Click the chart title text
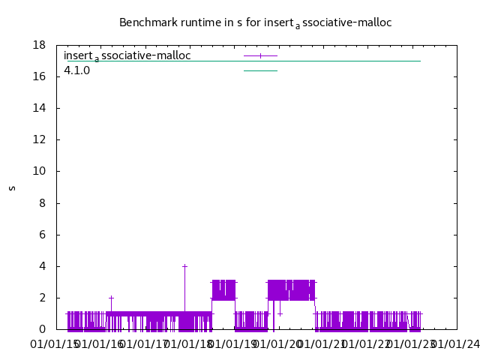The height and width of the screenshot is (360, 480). coord(255,22)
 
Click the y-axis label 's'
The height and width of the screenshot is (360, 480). coord(12,187)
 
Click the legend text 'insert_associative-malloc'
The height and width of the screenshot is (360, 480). coord(127,55)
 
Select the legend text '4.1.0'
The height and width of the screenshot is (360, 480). coord(76,70)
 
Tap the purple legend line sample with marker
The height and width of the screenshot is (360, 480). coord(260,55)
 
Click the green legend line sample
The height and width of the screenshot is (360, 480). coord(260,70)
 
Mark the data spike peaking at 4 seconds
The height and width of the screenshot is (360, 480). coord(184,266)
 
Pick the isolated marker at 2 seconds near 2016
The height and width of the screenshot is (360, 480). coord(111,298)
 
